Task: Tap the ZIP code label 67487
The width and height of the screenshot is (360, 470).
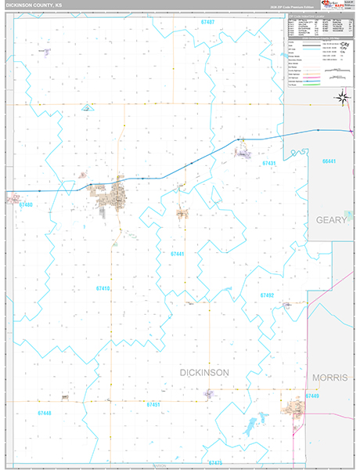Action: (x=207, y=23)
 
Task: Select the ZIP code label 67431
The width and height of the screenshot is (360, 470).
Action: (x=270, y=163)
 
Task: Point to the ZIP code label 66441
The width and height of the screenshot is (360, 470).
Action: (x=329, y=161)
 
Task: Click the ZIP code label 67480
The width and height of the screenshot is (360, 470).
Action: (x=25, y=204)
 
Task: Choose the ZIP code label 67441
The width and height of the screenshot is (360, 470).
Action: (x=178, y=254)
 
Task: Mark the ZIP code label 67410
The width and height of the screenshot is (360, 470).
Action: (x=103, y=288)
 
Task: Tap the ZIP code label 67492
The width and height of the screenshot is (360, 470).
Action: (x=268, y=295)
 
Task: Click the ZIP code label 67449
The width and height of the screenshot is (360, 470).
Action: (x=311, y=397)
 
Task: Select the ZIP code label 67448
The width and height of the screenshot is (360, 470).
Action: (x=46, y=412)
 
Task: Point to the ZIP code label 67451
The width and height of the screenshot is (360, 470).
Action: (x=154, y=404)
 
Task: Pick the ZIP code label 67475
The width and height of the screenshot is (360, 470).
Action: (x=215, y=462)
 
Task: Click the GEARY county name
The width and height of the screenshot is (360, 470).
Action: (x=331, y=220)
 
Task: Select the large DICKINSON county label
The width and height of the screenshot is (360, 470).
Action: (x=204, y=373)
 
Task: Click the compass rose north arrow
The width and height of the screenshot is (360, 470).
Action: (x=342, y=97)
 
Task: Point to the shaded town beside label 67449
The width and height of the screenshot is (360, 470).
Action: (x=295, y=406)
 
